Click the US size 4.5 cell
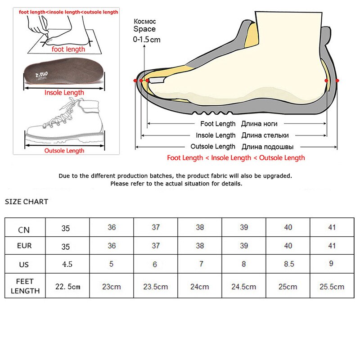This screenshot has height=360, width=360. tap(67, 264)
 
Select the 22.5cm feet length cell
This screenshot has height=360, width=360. tap(67, 287)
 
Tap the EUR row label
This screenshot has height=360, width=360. tap(24, 246)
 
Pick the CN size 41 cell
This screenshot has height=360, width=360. tap(332, 227)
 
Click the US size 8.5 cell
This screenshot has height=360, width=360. tap(288, 264)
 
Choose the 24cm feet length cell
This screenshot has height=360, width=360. tap(200, 287)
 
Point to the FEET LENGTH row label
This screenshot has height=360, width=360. tap(24, 286)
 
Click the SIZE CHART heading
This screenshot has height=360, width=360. tap(27, 202)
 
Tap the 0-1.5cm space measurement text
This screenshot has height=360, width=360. tap(146, 40)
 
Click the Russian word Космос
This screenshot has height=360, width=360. tap(144, 21)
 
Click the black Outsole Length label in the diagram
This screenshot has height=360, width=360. tap(212, 146)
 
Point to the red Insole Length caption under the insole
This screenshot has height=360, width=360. tap(64, 93)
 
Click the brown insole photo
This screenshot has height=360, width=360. tap(64, 75)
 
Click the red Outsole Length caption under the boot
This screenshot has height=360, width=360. tap(64, 151)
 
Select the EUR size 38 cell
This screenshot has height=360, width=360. tap(200, 246)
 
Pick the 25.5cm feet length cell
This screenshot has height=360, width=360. tap(332, 287)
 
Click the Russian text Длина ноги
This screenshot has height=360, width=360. tap(259, 124)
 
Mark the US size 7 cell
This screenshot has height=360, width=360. tap(200, 264)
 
